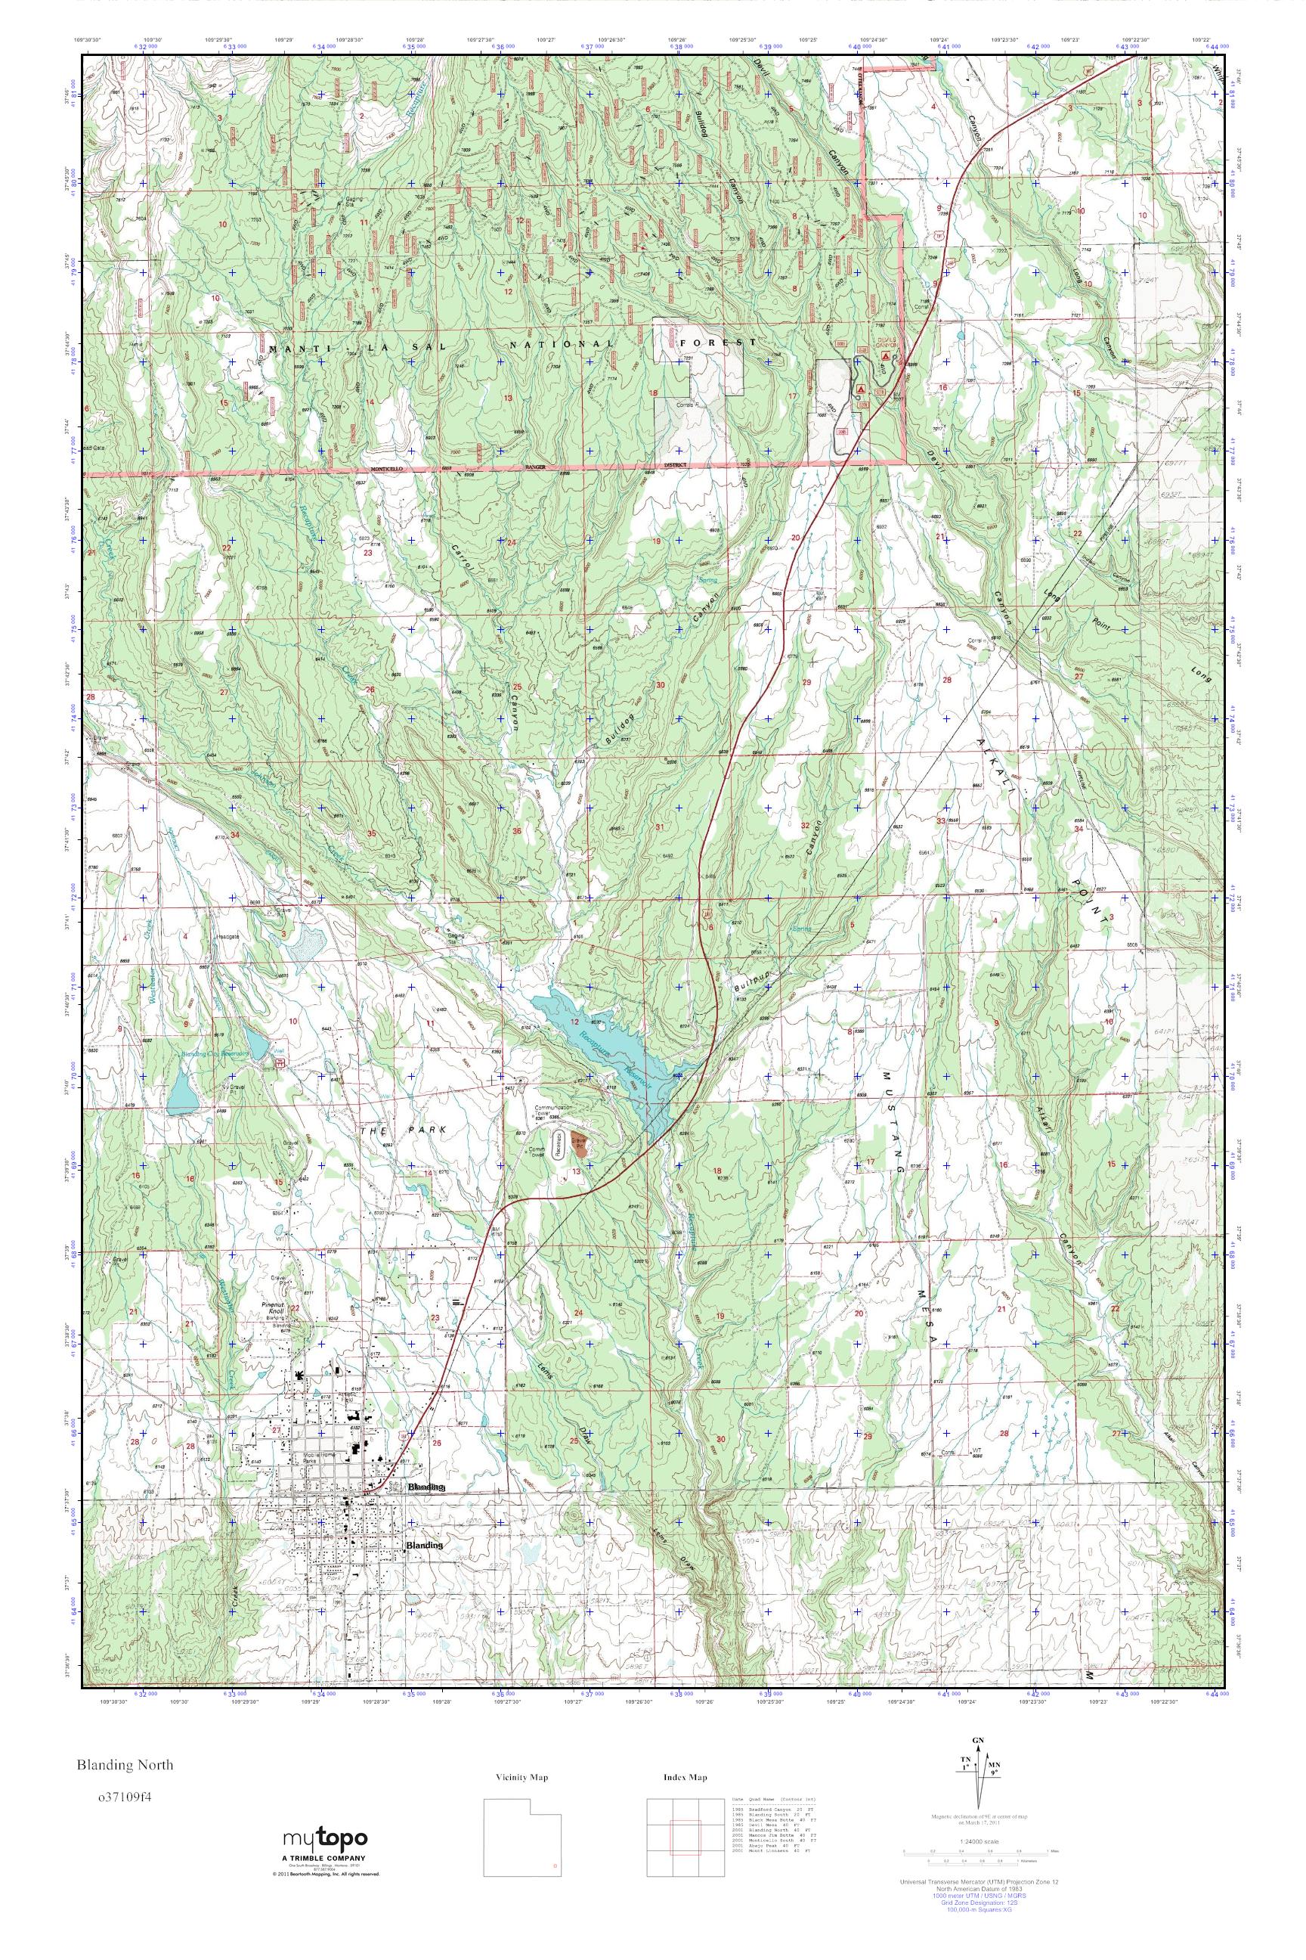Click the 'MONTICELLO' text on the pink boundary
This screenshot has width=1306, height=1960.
pos(376,469)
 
